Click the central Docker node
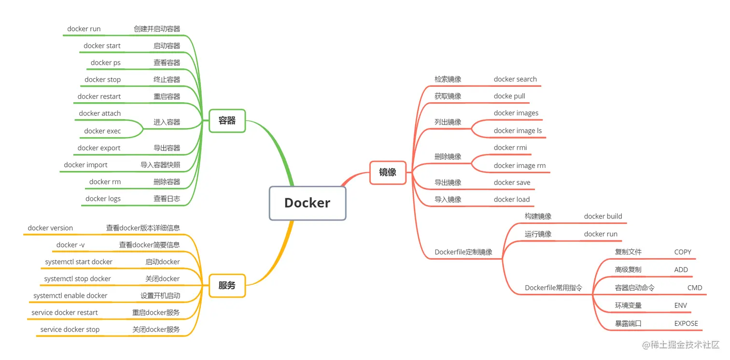pyautogui.click(x=308, y=203)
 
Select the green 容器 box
pyautogui.click(x=227, y=121)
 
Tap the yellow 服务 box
pyautogui.click(x=227, y=285)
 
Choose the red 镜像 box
pyautogui.click(x=388, y=172)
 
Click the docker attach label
pyautogui.click(x=100, y=113)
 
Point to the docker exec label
pyautogui.click(x=102, y=131)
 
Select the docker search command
pyautogui.click(x=515, y=79)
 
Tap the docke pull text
pyautogui.click(x=509, y=96)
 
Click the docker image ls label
pyautogui.click(x=518, y=131)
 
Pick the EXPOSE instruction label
pyautogui.click(x=686, y=323)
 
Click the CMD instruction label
pyautogui.click(x=695, y=288)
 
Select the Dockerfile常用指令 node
pyautogui.click(x=553, y=288)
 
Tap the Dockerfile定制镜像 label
pyautogui.click(x=463, y=252)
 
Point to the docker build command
pyautogui.click(x=603, y=216)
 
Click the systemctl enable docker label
pyautogui.click(x=70, y=295)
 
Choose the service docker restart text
pyautogui.click(x=65, y=312)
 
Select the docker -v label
pyautogui.click(x=70, y=245)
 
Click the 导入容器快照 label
pyautogui.click(x=160, y=165)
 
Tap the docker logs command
pyautogui.click(x=103, y=199)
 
